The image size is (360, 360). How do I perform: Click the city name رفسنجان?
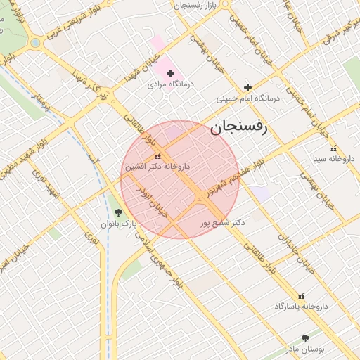[237, 127]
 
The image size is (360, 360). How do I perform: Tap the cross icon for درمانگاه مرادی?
[170, 73]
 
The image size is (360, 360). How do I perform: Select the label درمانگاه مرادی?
[170, 84]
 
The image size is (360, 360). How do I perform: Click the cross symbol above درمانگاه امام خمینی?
[247, 88]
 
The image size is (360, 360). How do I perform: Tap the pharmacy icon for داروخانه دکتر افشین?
[157, 156]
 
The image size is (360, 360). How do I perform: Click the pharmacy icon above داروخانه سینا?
[333, 148]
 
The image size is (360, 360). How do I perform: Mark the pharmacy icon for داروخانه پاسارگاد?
[302, 296]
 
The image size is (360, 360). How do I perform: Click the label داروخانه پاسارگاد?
[302, 307]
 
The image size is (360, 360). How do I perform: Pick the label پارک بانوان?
[117, 224]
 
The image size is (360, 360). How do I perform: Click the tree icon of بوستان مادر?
[305, 338]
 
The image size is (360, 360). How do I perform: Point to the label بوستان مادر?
[305, 349]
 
